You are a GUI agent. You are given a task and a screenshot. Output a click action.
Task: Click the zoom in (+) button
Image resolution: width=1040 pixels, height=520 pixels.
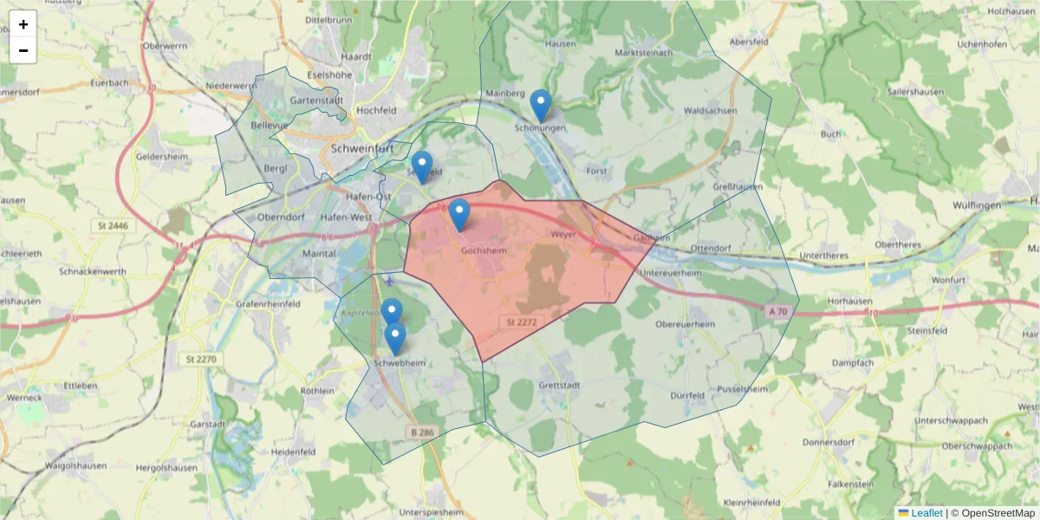[23, 24]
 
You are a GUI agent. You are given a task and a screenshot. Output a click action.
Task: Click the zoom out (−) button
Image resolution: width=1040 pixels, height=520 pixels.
[23, 50]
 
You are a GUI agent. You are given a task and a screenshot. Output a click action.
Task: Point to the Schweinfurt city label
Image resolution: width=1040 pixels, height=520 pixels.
[363, 148]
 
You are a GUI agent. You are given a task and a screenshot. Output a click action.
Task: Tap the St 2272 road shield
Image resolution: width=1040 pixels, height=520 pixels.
[518, 322]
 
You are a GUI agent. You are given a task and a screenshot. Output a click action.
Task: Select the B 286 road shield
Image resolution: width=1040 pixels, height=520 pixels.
[422, 432]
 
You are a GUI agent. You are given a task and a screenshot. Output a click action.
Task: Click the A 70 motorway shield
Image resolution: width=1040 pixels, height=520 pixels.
[777, 310]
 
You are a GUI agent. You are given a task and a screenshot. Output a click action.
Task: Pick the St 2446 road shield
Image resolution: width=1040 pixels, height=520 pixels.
[110, 225]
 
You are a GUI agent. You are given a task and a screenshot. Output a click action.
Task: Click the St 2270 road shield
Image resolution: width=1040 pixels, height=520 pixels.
[199, 359]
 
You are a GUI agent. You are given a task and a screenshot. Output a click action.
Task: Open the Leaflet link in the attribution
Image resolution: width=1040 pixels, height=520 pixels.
[926, 513]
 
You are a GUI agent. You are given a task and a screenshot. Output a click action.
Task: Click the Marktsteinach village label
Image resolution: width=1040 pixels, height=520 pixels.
[643, 53]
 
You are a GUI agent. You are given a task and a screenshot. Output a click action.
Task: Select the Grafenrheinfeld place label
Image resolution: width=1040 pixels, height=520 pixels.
[268, 304]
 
